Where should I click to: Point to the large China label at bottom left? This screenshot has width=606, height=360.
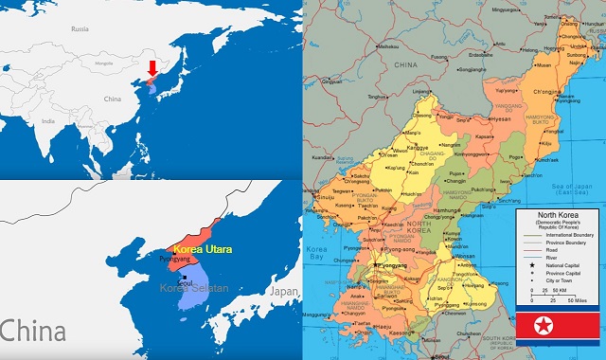pos(33,332)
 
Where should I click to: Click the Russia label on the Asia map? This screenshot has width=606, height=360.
pos(80,29)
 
